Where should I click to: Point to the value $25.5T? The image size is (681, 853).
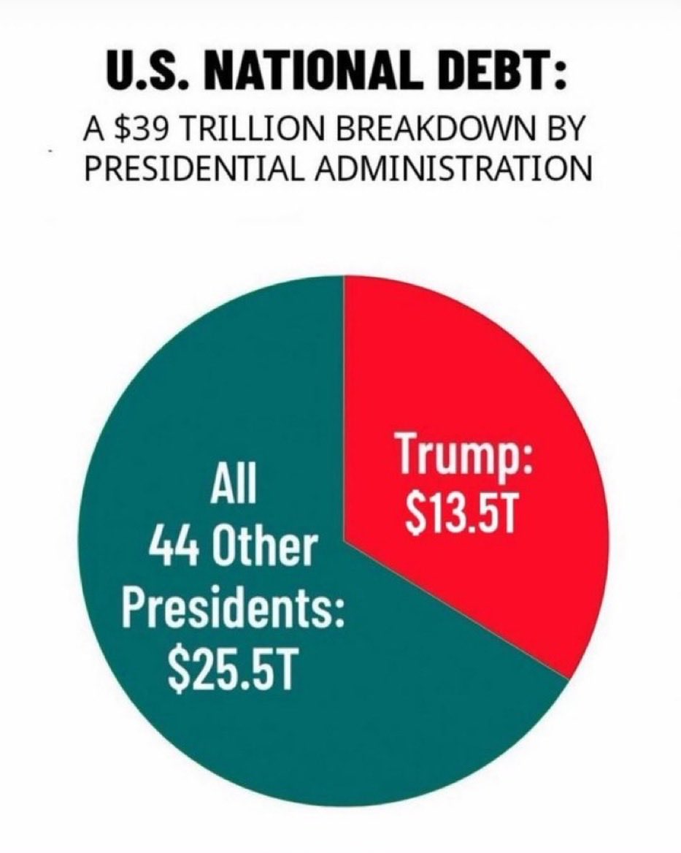tap(231, 669)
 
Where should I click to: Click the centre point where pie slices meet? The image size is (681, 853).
tap(344, 541)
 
